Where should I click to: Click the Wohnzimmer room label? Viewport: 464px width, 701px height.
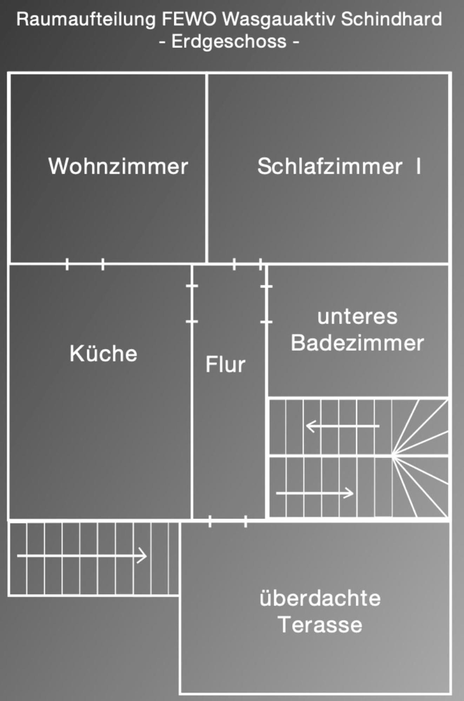[x=118, y=166]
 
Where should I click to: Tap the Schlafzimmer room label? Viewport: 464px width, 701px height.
[x=330, y=166]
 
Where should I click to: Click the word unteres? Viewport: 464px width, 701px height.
[x=357, y=316]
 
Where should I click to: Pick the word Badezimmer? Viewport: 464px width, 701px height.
[x=357, y=342]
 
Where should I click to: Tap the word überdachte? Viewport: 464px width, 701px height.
[x=320, y=598]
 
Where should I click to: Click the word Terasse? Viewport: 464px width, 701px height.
[x=320, y=625]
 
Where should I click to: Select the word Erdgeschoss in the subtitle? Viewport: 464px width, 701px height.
[x=229, y=42]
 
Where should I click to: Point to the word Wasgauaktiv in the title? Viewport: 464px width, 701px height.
[x=279, y=20]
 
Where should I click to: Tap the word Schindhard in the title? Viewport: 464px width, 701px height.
[x=391, y=19]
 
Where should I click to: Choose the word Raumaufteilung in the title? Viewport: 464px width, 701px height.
[x=86, y=20]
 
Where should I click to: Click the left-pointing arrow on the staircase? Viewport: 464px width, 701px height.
[x=343, y=426]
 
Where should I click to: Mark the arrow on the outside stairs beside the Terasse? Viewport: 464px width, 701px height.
[x=82, y=556]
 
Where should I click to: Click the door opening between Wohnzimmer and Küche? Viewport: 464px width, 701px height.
[x=85, y=264]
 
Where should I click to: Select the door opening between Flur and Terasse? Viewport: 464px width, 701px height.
[x=227, y=521]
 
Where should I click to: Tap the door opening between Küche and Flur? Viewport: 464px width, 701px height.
[x=192, y=304]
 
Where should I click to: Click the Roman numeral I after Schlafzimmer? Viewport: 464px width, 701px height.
[x=418, y=166]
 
